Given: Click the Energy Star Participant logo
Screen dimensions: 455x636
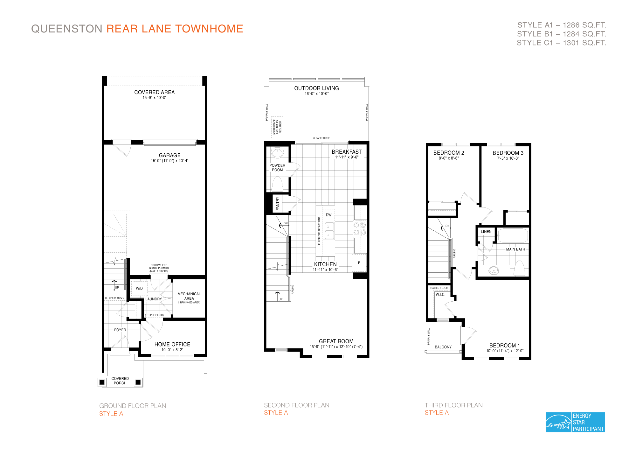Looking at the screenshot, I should [575, 422].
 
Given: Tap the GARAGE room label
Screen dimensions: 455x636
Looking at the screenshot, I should [169, 155].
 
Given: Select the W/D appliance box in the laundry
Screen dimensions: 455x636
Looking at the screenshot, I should [139, 289].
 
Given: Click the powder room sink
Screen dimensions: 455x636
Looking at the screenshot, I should [277, 153].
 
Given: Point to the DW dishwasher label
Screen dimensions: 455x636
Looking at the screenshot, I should [328, 215].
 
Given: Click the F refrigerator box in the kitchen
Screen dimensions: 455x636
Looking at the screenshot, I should [359, 263].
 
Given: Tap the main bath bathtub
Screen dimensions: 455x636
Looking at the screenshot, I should [513, 236].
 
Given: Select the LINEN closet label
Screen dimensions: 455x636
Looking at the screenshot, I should [486, 232].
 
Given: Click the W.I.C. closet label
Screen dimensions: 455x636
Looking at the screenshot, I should [440, 295].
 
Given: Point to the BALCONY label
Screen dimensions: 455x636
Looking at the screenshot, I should [443, 347].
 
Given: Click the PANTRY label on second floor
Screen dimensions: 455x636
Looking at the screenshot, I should [277, 204].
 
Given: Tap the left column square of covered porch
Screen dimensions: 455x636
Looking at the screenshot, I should [102, 382].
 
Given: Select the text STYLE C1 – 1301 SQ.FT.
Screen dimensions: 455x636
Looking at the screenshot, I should [561, 43].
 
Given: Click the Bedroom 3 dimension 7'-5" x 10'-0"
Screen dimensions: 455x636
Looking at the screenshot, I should [508, 158].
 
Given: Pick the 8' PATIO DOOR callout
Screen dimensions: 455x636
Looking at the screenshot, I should [321, 138].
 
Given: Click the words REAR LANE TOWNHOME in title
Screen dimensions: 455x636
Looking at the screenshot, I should [175, 29].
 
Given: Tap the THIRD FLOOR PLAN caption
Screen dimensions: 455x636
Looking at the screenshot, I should [453, 405].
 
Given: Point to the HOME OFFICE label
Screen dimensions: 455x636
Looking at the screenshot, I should [172, 344].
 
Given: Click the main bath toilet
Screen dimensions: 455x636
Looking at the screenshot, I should [519, 269].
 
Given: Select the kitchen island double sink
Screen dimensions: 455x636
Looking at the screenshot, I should [329, 231].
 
